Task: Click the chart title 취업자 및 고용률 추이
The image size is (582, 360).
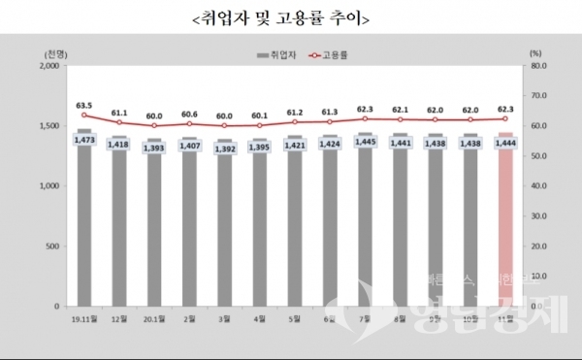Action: (290, 18)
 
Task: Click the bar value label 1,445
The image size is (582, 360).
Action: (365, 143)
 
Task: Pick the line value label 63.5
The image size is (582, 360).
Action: (83, 104)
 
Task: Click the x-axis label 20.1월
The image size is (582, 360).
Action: (154, 318)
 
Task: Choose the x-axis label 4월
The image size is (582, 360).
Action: (260, 318)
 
